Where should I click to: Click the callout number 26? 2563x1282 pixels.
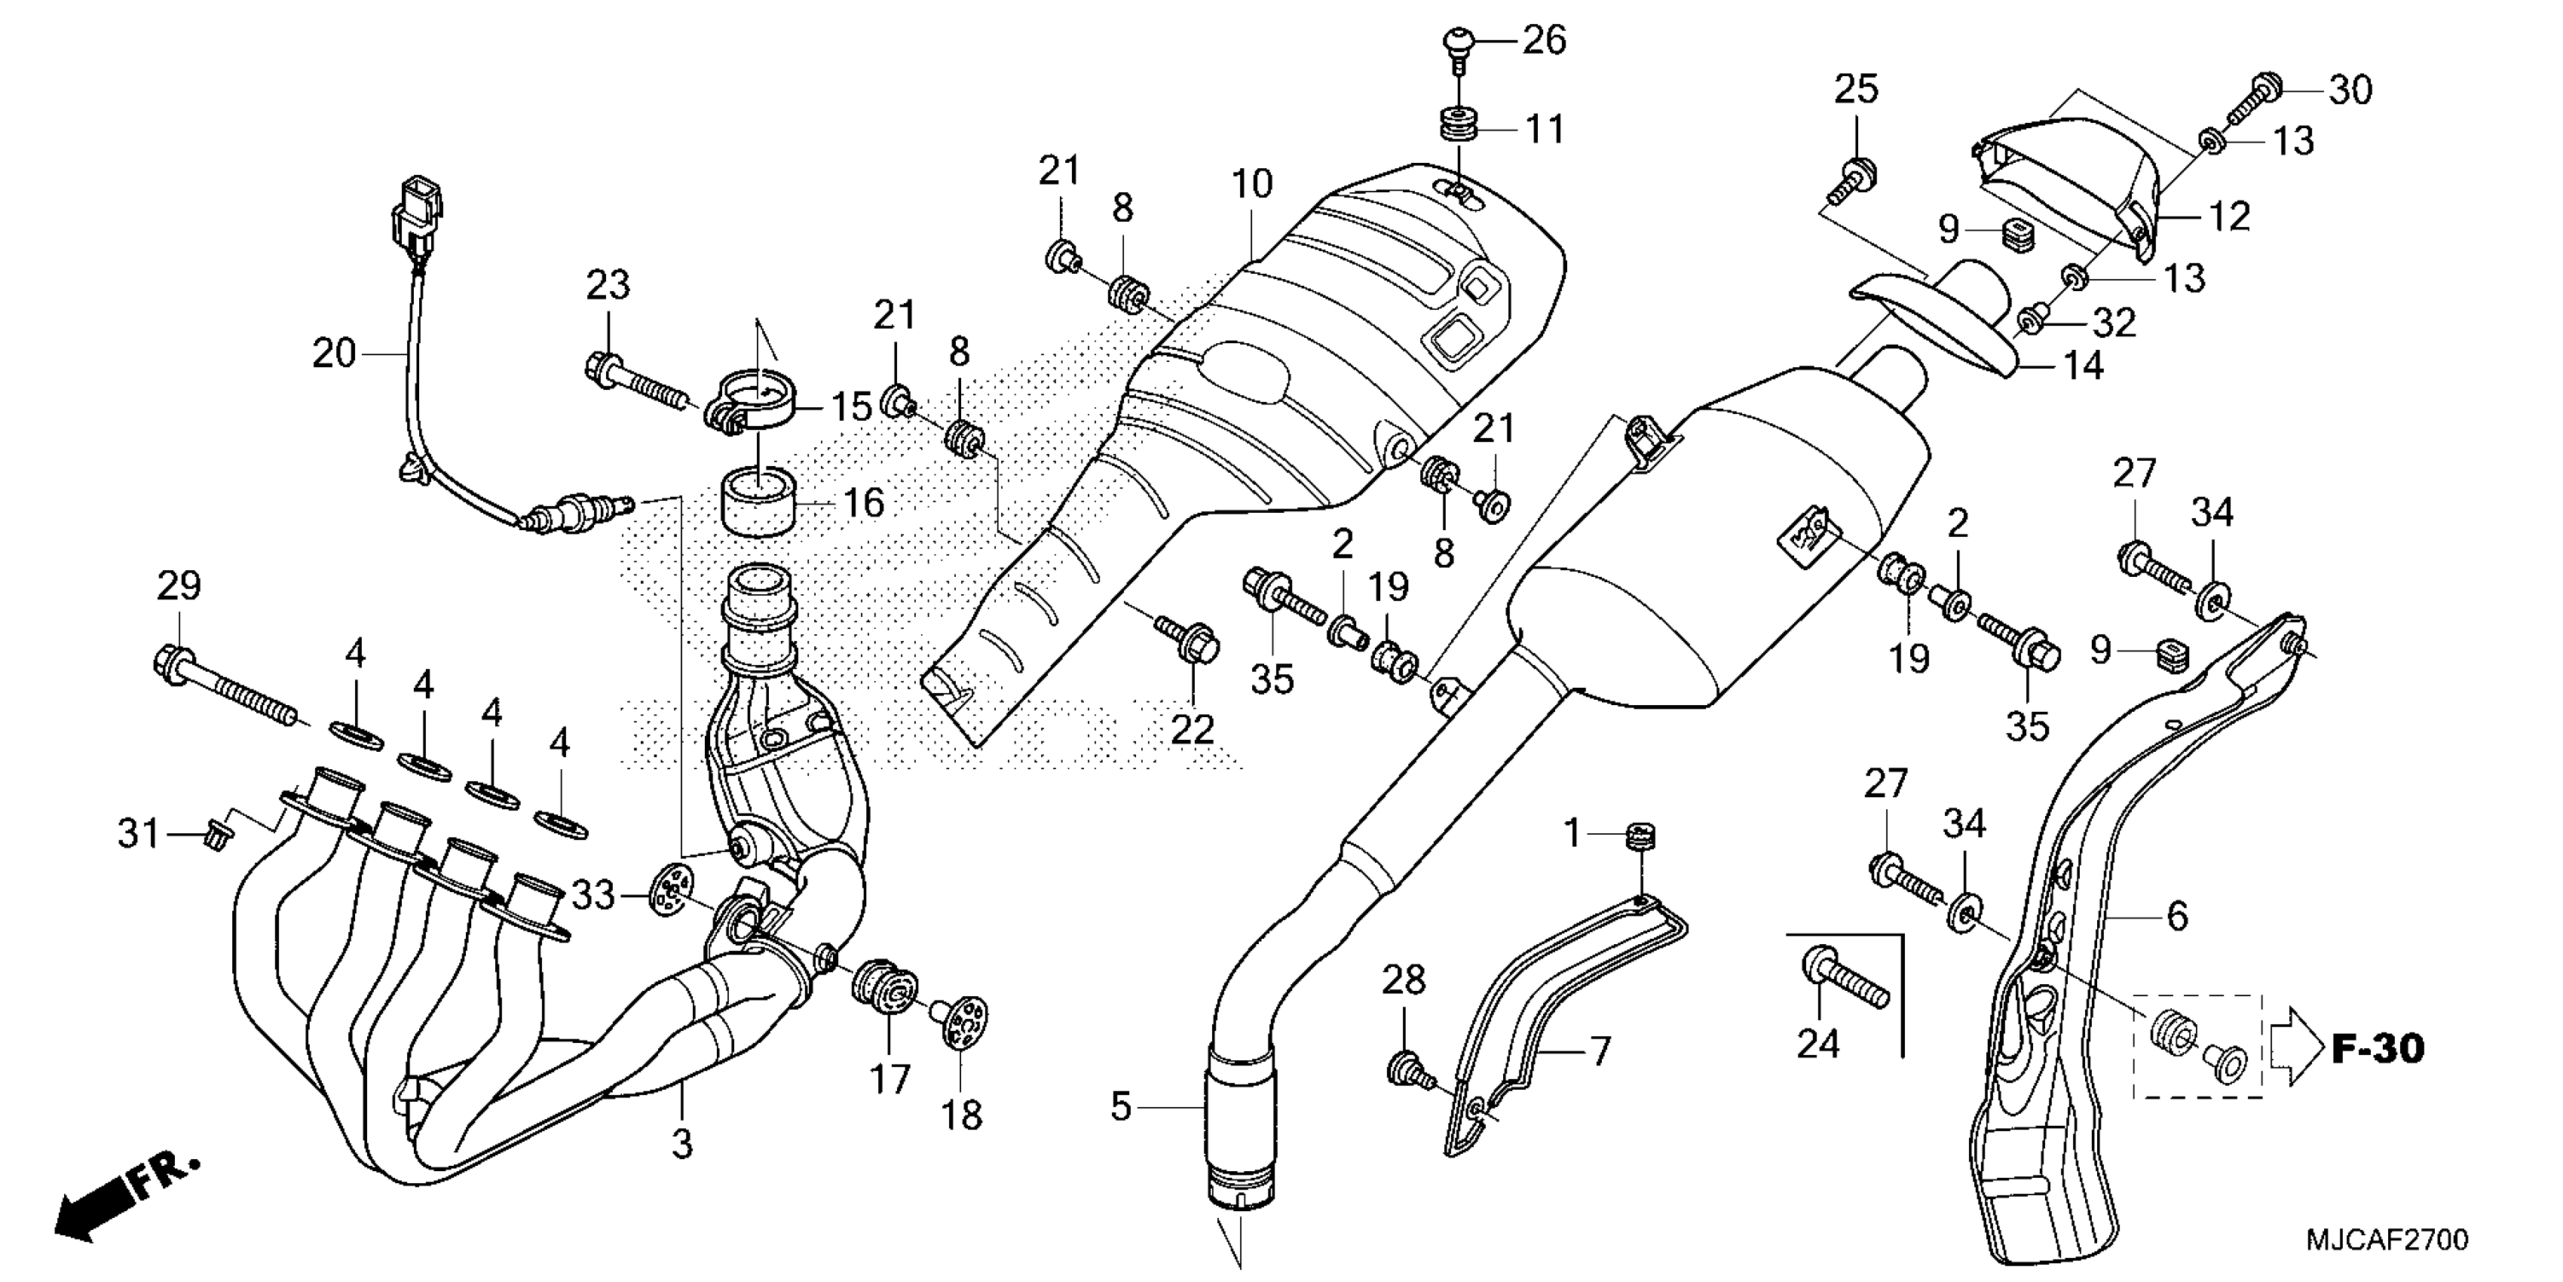pyautogui.click(x=1544, y=41)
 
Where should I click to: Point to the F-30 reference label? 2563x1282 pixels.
pyautogui.click(x=2378, y=1048)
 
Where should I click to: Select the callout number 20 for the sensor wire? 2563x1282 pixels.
pyautogui.click(x=333, y=354)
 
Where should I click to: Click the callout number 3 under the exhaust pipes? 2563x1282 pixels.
pyautogui.click(x=681, y=1144)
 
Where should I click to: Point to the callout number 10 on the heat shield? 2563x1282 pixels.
pyautogui.click(x=1251, y=183)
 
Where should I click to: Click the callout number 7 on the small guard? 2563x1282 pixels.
pyautogui.click(x=1600, y=1051)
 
